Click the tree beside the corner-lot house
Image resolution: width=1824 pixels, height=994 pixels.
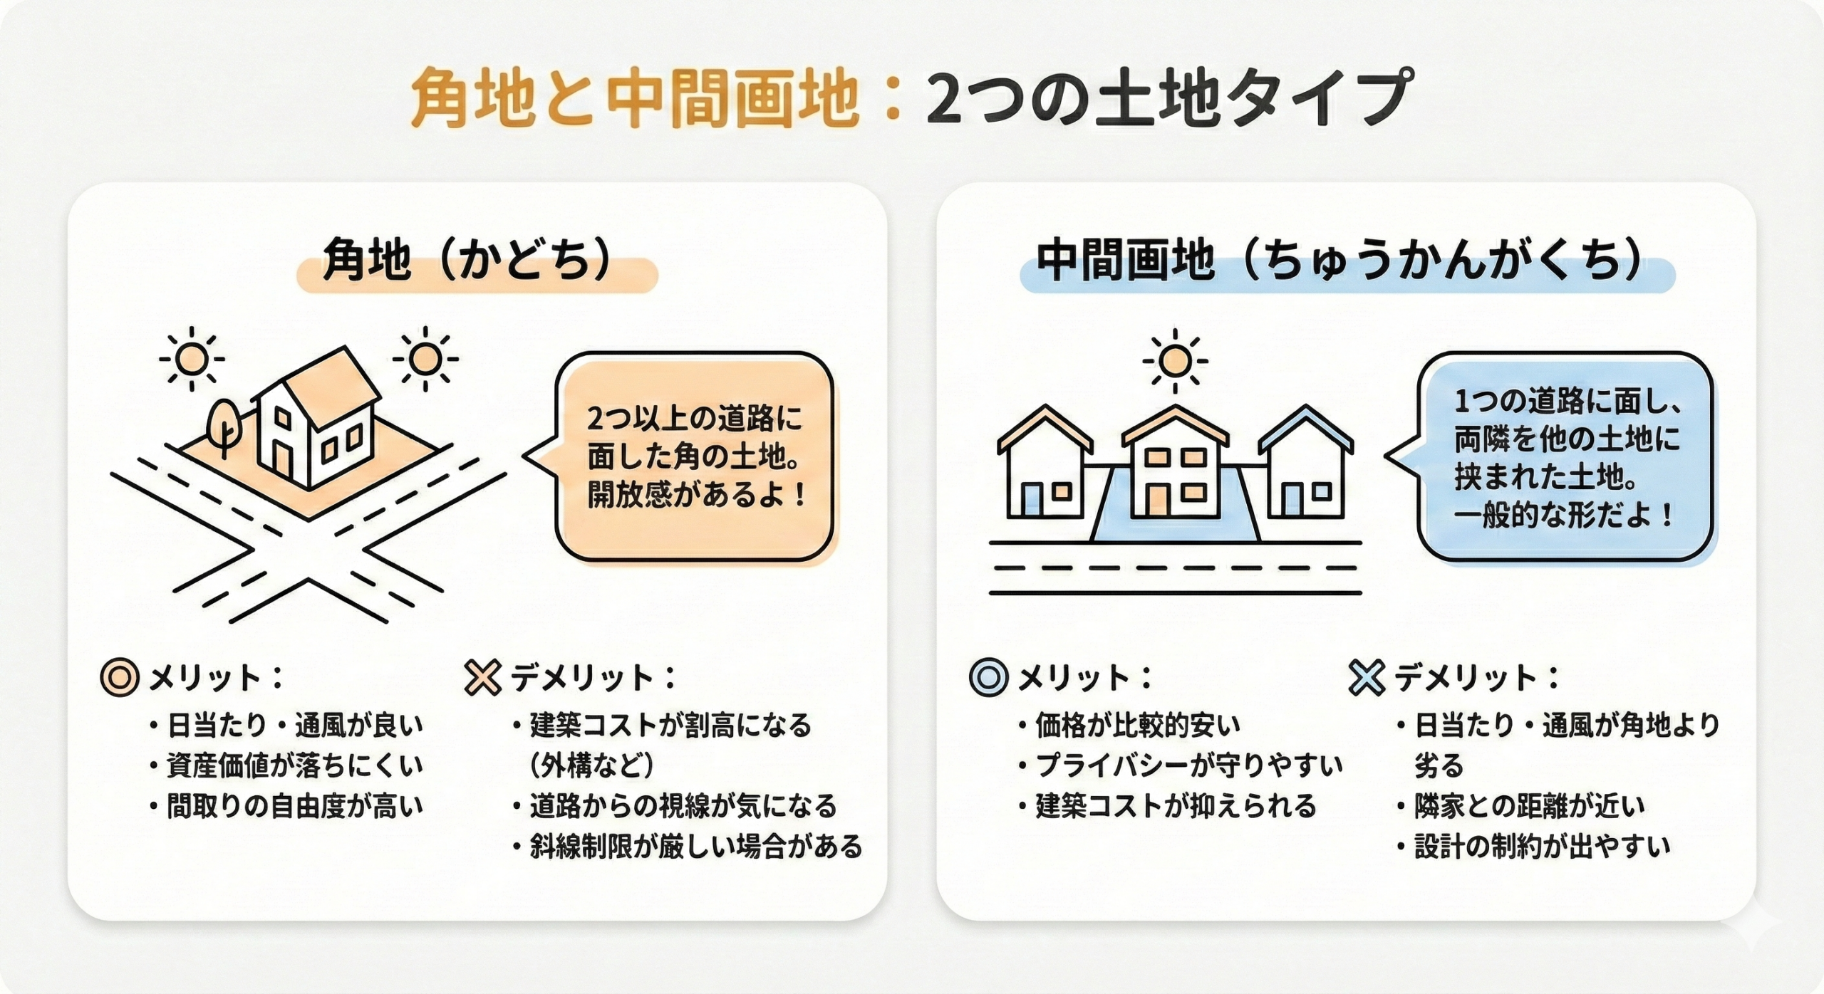pyautogui.click(x=224, y=423)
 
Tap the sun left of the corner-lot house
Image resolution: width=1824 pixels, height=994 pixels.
pyautogui.click(x=191, y=360)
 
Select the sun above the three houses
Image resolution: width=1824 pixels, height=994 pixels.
pyautogui.click(x=1174, y=361)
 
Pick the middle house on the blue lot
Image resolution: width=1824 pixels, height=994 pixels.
pyautogui.click(x=1175, y=463)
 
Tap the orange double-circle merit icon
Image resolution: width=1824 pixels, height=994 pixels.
pyautogui.click(x=119, y=677)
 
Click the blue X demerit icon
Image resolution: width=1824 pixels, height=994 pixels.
pyautogui.click(x=1367, y=677)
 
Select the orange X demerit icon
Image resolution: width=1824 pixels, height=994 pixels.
pyautogui.click(x=482, y=677)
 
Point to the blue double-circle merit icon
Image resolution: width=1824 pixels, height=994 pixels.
pyautogui.click(x=988, y=677)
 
